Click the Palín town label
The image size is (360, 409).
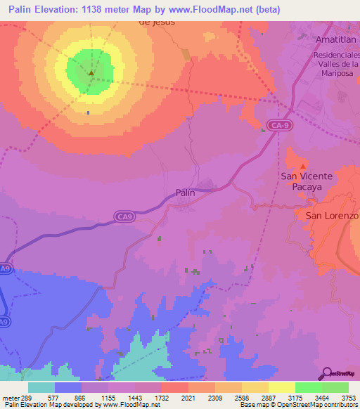tap(185, 192)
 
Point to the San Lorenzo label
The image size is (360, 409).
tap(331, 216)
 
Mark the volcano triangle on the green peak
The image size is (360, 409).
tap(91, 72)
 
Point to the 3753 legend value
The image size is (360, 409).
tap(349, 397)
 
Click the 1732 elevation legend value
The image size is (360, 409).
tap(161, 397)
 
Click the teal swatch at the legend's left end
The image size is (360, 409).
tap(41, 387)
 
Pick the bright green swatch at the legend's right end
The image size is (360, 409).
tap(335, 387)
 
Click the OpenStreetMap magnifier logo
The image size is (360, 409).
tap(326, 374)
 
